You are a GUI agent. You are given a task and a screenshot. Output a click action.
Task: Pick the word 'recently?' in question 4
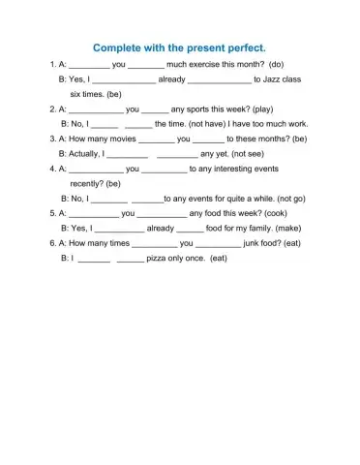[x=88, y=183]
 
